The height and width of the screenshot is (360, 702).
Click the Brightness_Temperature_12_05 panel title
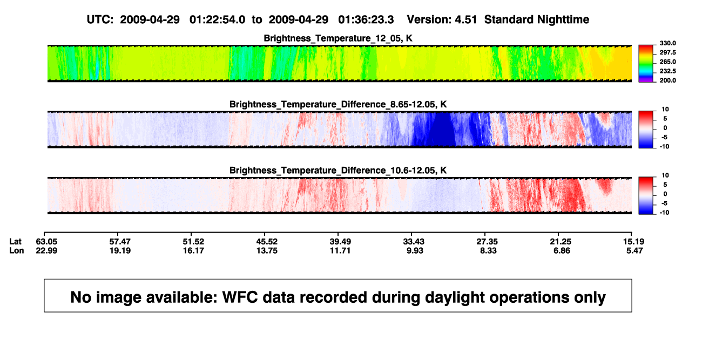click(x=338, y=38)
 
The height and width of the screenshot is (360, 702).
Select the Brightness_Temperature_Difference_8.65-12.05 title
click(x=338, y=104)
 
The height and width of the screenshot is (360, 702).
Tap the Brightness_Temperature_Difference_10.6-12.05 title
click(x=338, y=171)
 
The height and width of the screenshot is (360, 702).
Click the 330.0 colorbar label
click(x=667, y=43)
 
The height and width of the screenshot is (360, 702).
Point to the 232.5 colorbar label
click(x=667, y=71)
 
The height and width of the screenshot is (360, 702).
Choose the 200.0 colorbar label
click(x=667, y=80)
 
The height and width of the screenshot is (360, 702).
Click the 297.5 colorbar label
click(x=667, y=53)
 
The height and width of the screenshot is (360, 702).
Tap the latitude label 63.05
click(x=46, y=242)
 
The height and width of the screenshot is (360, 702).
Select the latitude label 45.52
click(x=267, y=242)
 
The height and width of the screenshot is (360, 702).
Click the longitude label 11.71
click(x=340, y=250)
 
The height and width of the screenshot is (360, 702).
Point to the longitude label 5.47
click(x=634, y=250)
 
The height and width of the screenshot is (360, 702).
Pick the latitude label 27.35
click(x=487, y=242)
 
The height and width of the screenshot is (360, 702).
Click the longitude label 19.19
click(x=120, y=250)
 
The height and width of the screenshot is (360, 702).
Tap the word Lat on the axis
click(x=15, y=242)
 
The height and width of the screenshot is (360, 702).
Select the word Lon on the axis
click(x=16, y=250)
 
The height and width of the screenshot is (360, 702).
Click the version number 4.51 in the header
click(x=465, y=19)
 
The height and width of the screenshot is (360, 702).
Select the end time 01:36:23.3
click(x=366, y=19)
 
